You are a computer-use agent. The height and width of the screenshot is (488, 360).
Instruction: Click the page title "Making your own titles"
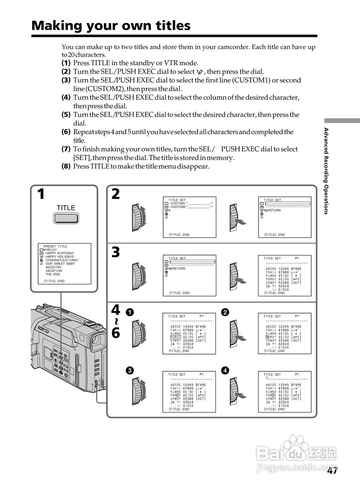point(111,26)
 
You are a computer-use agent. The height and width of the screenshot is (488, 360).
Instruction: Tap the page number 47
point(332,471)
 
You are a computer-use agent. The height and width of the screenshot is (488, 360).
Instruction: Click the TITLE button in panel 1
point(66,218)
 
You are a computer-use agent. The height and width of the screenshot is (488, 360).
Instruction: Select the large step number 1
point(41,194)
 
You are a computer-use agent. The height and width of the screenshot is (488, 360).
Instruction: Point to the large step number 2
point(116,194)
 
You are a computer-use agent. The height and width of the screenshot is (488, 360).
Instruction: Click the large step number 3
point(116,252)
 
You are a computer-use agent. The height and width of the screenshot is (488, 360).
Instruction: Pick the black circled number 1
point(130,312)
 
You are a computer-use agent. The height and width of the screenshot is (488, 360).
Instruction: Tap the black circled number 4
point(225,370)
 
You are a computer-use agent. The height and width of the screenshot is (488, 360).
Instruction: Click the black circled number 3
point(130,370)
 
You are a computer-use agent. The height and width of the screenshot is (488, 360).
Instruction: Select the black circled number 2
point(225,312)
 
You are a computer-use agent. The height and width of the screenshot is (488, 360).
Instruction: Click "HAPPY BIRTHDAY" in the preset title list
point(59,253)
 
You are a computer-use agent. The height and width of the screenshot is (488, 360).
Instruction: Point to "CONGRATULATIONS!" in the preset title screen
point(62,260)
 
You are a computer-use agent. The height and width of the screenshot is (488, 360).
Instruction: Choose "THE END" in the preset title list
point(53,274)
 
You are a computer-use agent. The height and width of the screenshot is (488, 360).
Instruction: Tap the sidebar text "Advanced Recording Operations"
point(326,171)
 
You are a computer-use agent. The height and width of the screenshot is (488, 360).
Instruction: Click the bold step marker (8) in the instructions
point(66,167)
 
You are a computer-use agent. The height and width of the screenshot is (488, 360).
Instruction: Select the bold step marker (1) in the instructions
point(66,63)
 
